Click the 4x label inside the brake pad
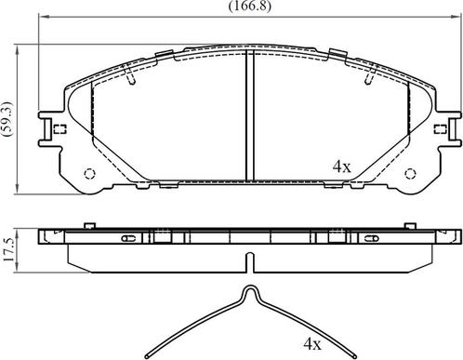341,167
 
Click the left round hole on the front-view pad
89,174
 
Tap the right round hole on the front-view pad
410,174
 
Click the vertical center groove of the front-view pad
249,116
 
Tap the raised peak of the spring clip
249,290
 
